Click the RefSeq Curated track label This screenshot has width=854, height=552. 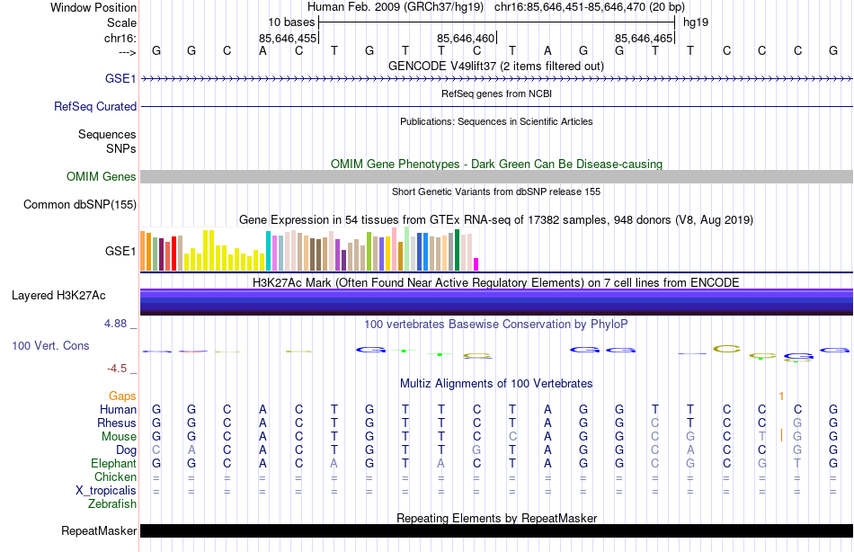pos(95,106)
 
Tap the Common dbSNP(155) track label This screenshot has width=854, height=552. pos(79,205)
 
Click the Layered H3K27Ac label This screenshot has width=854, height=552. pos(58,295)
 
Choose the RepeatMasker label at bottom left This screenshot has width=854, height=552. pos(98,530)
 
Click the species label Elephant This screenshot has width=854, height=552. pos(113,463)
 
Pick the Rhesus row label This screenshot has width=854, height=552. pos(117,423)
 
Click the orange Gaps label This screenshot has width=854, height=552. pos(122,396)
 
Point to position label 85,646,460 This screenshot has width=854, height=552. pos(466,39)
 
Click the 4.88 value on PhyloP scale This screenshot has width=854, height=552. pos(121,323)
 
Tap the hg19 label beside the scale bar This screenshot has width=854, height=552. pos(696,22)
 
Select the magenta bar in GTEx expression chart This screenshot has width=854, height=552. pos(476,263)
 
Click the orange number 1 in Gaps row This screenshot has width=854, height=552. pos(781,396)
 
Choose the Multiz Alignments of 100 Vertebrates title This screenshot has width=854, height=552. pos(496,383)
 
